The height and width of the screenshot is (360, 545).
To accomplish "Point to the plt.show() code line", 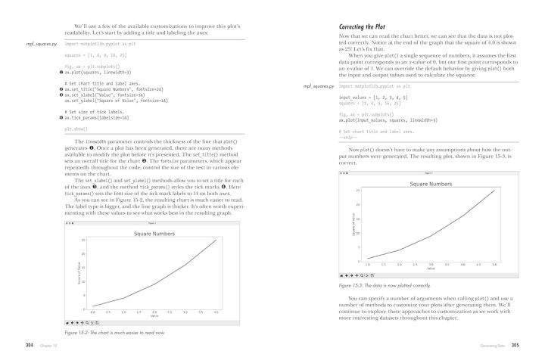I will (x=73, y=129).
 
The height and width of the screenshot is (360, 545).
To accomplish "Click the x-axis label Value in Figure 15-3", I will (x=430, y=268).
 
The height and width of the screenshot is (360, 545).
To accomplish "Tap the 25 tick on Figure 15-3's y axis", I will (x=357, y=191).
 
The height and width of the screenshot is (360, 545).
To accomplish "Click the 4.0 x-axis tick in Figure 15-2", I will (x=216, y=312).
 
